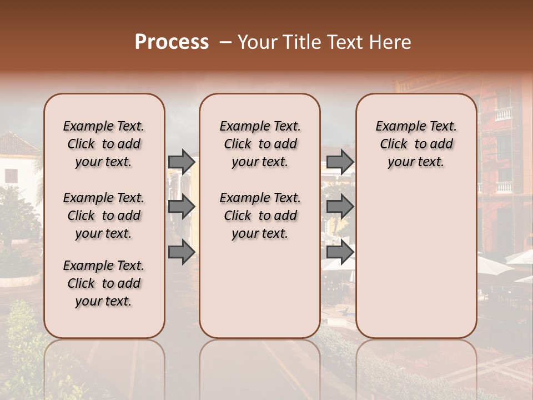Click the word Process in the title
(x=172, y=42)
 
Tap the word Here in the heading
(x=388, y=42)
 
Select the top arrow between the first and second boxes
(x=182, y=162)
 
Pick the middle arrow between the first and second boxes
(x=182, y=207)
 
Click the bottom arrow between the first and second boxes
(x=182, y=252)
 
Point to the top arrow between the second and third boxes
(x=340, y=162)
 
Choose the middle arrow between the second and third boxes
(x=340, y=207)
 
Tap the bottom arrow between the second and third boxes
(x=340, y=252)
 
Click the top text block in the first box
(x=104, y=144)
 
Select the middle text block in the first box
(x=104, y=216)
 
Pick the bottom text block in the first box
(x=104, y=283)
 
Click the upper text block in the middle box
(x=260, y=144)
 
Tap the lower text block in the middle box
(x=260, y=216)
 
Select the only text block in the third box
(x=416, y=144)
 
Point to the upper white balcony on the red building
(x=503, y=114)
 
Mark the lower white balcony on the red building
(x=503, y=187)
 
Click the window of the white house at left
(x=11, y=176)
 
